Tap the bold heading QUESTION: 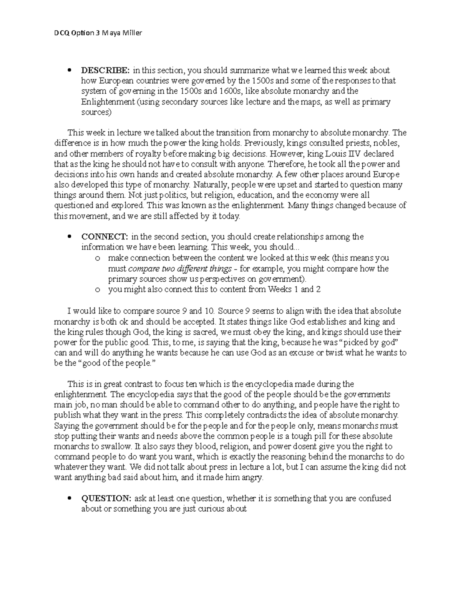point(106,499)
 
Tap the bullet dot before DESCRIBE point(69,71)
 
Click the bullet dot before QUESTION point(69,499)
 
